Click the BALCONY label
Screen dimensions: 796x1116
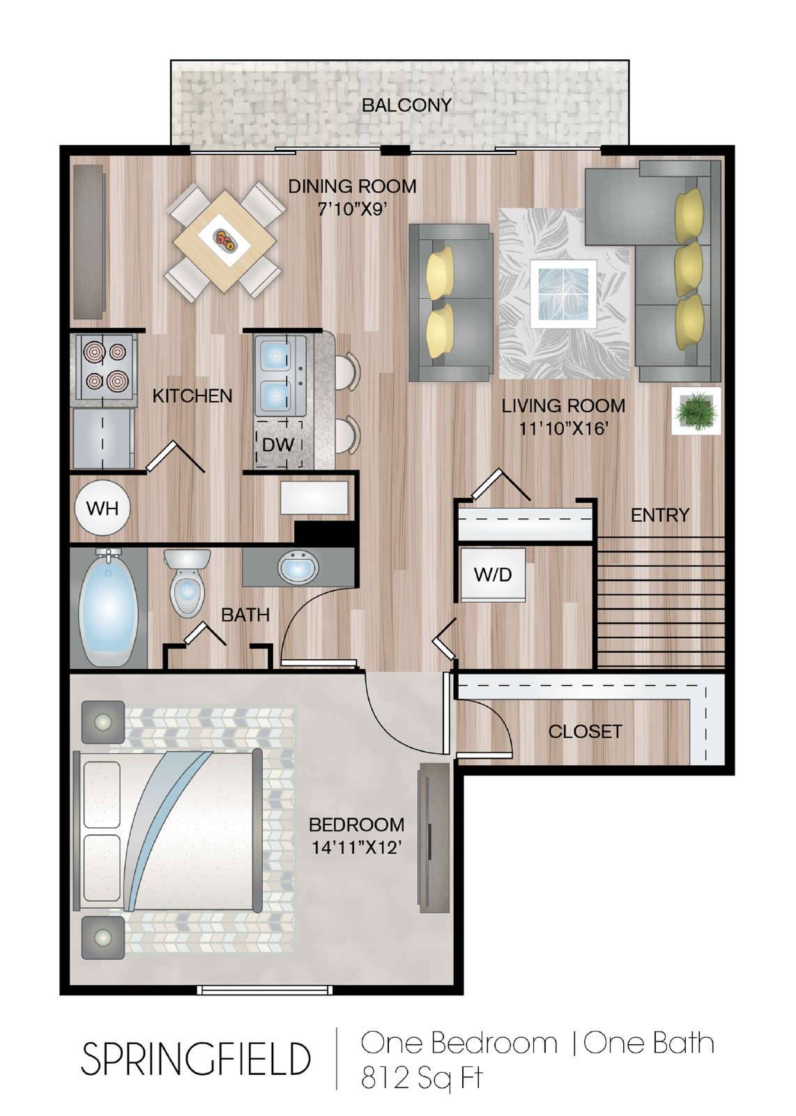(406, 105)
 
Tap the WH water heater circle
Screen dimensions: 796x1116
(102, 508)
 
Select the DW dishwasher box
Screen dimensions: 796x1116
(278, 444)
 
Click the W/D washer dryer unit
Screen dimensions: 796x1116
(493, 575)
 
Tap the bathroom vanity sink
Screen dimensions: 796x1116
(298, 568)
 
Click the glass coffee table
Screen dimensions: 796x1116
(563, 294)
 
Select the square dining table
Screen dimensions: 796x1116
(225, 241)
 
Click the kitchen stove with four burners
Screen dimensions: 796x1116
(104, 367)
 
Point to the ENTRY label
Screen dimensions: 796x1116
(659, 515)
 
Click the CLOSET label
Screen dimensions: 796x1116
(585, 732)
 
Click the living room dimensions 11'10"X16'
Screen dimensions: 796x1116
(563, 428)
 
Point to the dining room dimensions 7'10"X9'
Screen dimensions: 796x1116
(353, 209)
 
